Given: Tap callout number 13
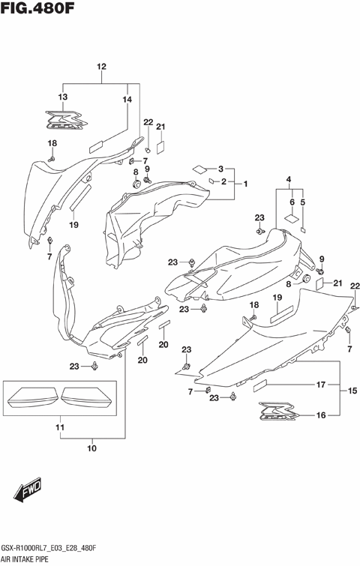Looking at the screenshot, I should [63, 98].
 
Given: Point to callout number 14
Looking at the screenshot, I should [127, 99].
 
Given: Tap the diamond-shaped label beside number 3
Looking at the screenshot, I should [199, 169].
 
